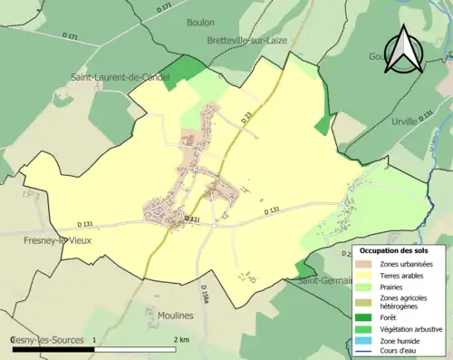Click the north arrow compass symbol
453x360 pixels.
pos(405,50)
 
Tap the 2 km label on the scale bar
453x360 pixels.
pos(181,339)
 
